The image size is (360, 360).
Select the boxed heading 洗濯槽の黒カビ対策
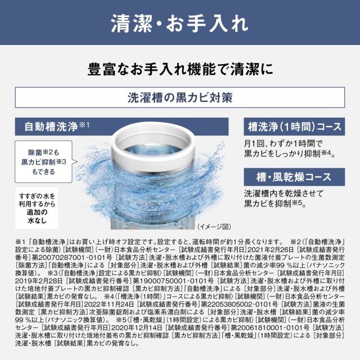pos(179,96)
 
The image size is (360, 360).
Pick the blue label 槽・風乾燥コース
pos(287,177)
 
